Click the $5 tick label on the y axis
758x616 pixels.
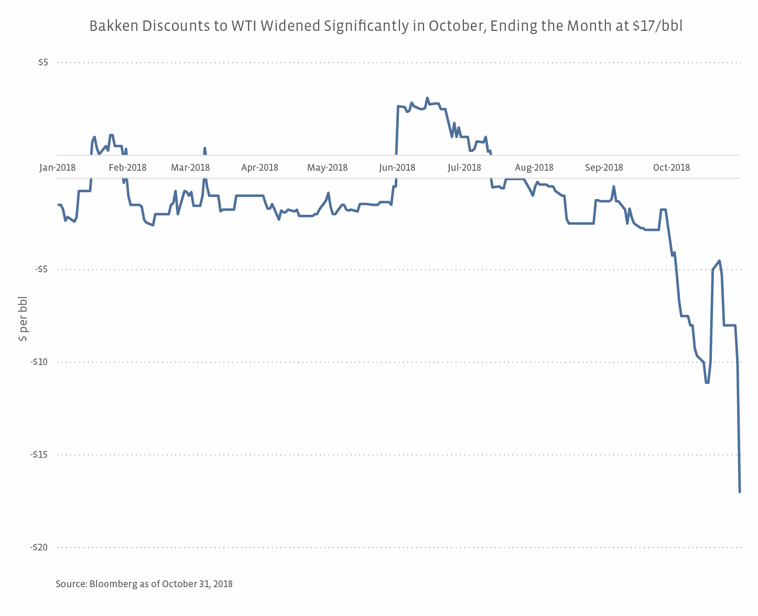click(x=43, y=62)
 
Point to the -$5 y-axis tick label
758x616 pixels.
click(x=41, y=269)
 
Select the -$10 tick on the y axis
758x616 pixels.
click(x=40, y=362)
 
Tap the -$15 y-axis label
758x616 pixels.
click(x=40, y=454)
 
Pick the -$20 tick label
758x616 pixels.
click(x=40, y=547)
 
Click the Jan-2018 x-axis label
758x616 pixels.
click(x=58, y=168)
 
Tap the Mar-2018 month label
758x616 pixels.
click(x=190, y=168)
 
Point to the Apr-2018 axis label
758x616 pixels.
click(x=259, y=168)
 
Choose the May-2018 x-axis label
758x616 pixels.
click(x=328, y=168)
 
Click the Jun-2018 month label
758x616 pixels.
click(x=397, y=168)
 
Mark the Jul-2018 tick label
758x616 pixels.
click(x=464, y=168)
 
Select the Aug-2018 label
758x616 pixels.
click(x=534, y=168)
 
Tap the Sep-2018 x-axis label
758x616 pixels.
click(x=604, y=168)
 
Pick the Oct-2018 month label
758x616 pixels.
click(x=672, y=168)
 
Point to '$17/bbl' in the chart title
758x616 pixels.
click(x=657, y=26)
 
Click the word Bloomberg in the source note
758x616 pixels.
click(x=112, y=584)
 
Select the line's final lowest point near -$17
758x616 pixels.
click(x=740, y=491)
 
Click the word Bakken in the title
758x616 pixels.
click(x=108, y=26)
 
